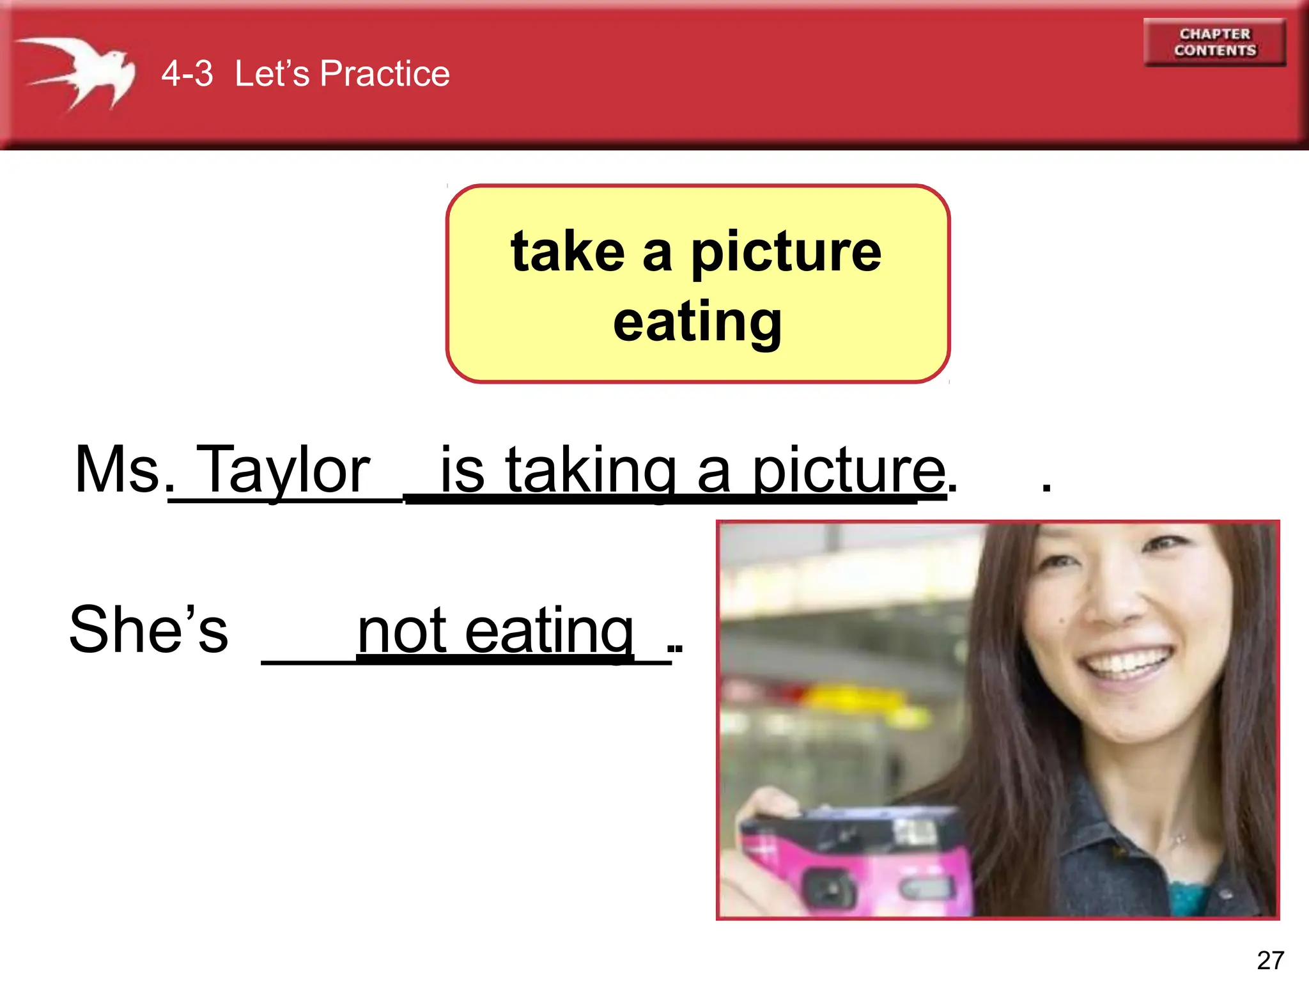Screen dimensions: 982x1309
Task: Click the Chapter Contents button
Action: coord(1214,42)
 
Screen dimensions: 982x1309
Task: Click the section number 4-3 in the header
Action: coord(187,73)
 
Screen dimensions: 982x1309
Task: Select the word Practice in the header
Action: coord(385,73)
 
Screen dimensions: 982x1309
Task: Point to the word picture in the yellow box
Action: coord(786,253)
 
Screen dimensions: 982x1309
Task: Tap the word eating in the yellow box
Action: coord(697,322)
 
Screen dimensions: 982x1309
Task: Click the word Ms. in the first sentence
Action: coord(118,470)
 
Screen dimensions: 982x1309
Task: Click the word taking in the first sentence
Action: coord(591,472)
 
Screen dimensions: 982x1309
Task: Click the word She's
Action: coord(148,630)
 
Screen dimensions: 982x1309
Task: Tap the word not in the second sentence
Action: coord(402,631)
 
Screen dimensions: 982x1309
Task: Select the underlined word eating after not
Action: coord(549,632)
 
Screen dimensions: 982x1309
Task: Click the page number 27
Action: coord(1270,960)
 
